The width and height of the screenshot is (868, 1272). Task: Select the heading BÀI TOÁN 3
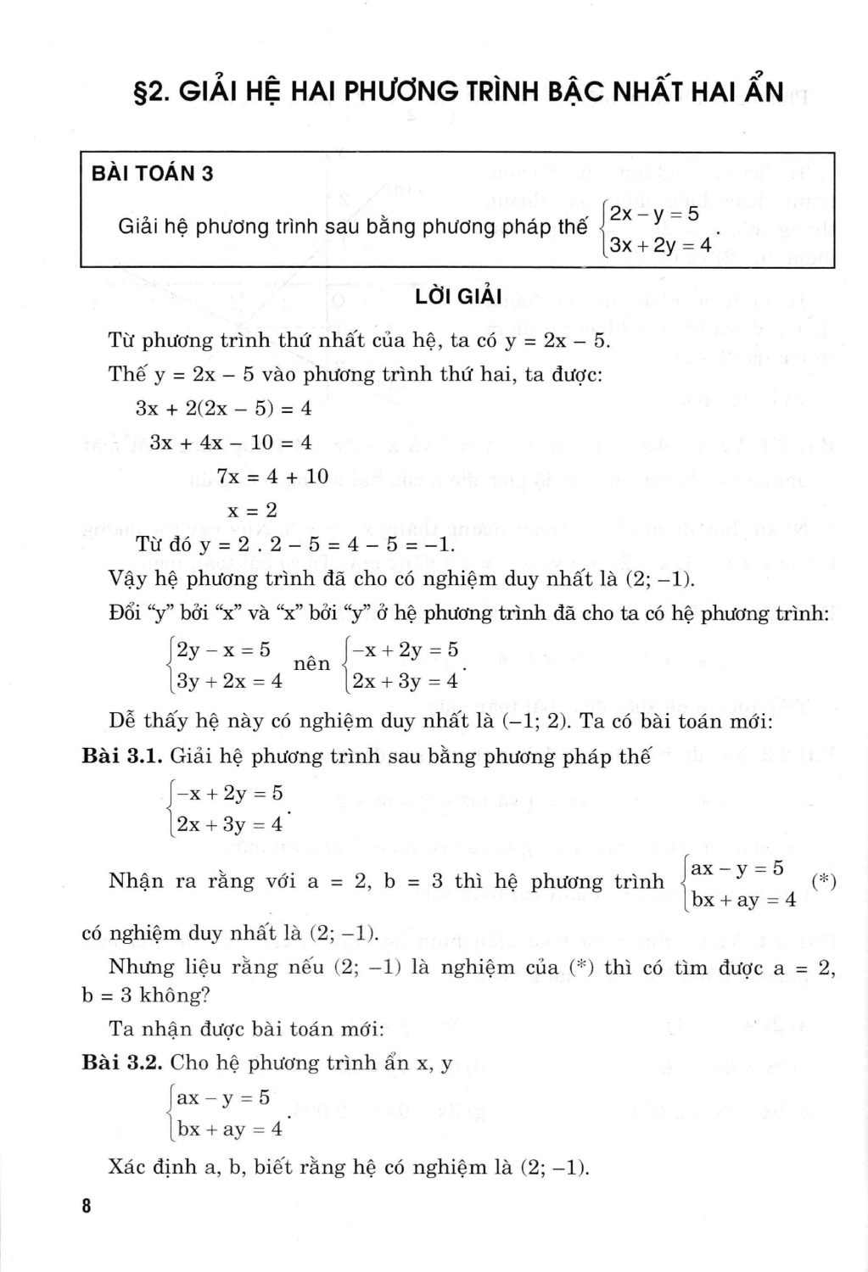click(152, 174)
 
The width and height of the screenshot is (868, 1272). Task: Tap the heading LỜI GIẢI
click(458, 297)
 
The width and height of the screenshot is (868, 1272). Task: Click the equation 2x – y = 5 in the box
click(654, 213)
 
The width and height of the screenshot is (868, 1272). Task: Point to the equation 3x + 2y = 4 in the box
click(660, 246)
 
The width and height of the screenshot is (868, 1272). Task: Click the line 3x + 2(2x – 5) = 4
click(223, 409)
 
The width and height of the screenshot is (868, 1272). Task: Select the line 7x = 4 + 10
click(272, 477)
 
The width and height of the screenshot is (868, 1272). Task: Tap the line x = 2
click(252, 510)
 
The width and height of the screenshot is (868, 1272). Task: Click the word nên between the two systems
click(311, 664)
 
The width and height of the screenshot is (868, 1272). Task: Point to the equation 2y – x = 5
click(223, 650)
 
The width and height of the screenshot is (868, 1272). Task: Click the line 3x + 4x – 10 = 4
click(231, 443)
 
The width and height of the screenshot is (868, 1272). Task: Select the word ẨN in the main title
click(761, 89)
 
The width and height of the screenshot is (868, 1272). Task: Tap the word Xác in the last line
click(128, 1167)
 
